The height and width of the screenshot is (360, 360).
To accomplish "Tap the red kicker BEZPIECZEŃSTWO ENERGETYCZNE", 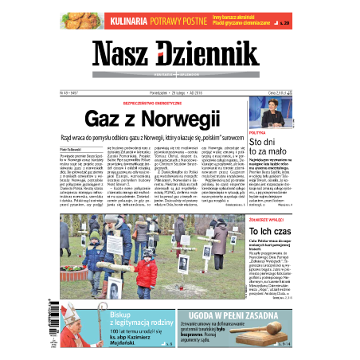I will pyautogui.click(x=180, y=103).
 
